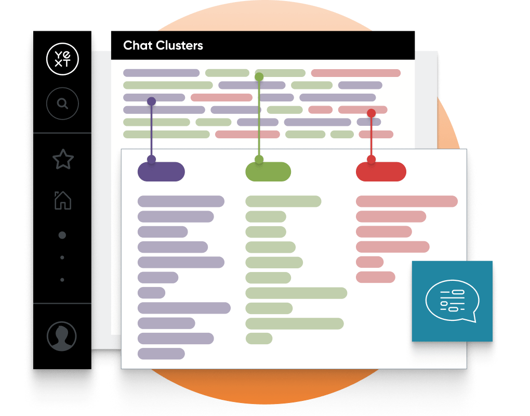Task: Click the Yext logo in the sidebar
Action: coord(62,59)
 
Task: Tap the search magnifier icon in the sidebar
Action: coord(62,104)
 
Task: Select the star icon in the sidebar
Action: coord(63,159)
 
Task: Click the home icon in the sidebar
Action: coord(63,200)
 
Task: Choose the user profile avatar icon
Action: coord(62,336)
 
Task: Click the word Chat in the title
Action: coord(138,45)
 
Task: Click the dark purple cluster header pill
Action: coord(161,172)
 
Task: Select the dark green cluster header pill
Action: coord(268,172)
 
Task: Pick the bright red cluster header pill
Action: coord(381,172)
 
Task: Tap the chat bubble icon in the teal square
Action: coord(452,302)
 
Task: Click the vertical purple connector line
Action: coord(151,130)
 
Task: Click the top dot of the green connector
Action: coord(259,77)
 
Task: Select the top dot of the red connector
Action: coord(371,113)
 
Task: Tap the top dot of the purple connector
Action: coord(151,101)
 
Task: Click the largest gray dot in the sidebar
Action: coord(62,235)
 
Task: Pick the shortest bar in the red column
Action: coord(369,262)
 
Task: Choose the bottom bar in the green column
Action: coord(259,339)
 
